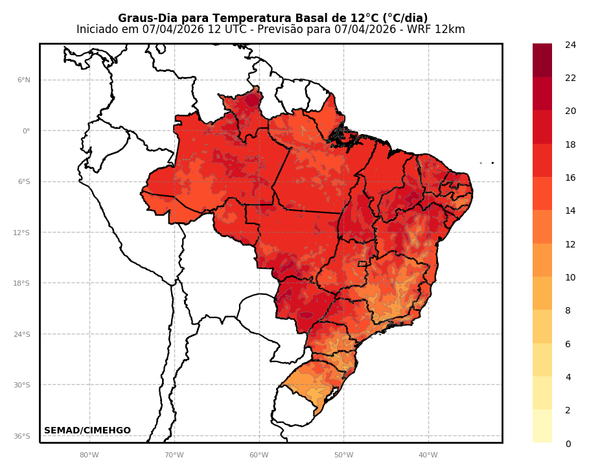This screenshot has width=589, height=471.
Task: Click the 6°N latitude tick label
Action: click(x=24, y=80)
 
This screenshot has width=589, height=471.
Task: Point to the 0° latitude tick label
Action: click(x=27, y=131)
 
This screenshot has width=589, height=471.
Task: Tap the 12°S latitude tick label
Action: click(x=23, y=233)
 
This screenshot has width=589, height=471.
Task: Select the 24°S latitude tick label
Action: click(x=23, y=334)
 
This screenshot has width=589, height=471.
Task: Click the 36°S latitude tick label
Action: click(x=23, y=436)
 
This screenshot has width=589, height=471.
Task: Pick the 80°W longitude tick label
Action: click(x=89, y=455)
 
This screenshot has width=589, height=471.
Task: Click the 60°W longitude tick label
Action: click(x=259, y=455)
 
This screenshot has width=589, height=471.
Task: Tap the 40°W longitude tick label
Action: click(x=428, y=455)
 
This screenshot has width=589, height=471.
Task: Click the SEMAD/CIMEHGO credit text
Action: click(x=87, y=431)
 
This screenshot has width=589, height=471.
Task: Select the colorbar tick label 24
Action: click(x=570, y=45)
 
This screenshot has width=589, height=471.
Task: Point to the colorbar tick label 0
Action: click(x=568, y=444)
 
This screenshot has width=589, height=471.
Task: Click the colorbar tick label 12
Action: click(x=570, y=244)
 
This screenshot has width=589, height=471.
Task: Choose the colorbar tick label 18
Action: click(x=570, y=144)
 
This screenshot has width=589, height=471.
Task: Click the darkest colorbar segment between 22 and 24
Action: click(x=542, y=60)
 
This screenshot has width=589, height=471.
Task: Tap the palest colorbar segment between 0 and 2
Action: click(x=542, y=426)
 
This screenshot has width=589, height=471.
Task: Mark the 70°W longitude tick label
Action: click(x=174, y=455)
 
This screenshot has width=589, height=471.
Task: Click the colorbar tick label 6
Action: click(x=568, y=344)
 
